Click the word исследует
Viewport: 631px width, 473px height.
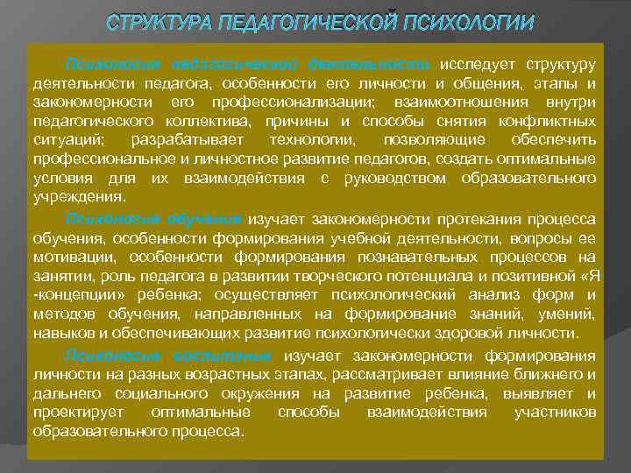pyautogui.click(x=478, y=65)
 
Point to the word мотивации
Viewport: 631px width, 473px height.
pyautogui.click(x=70, y=256)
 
